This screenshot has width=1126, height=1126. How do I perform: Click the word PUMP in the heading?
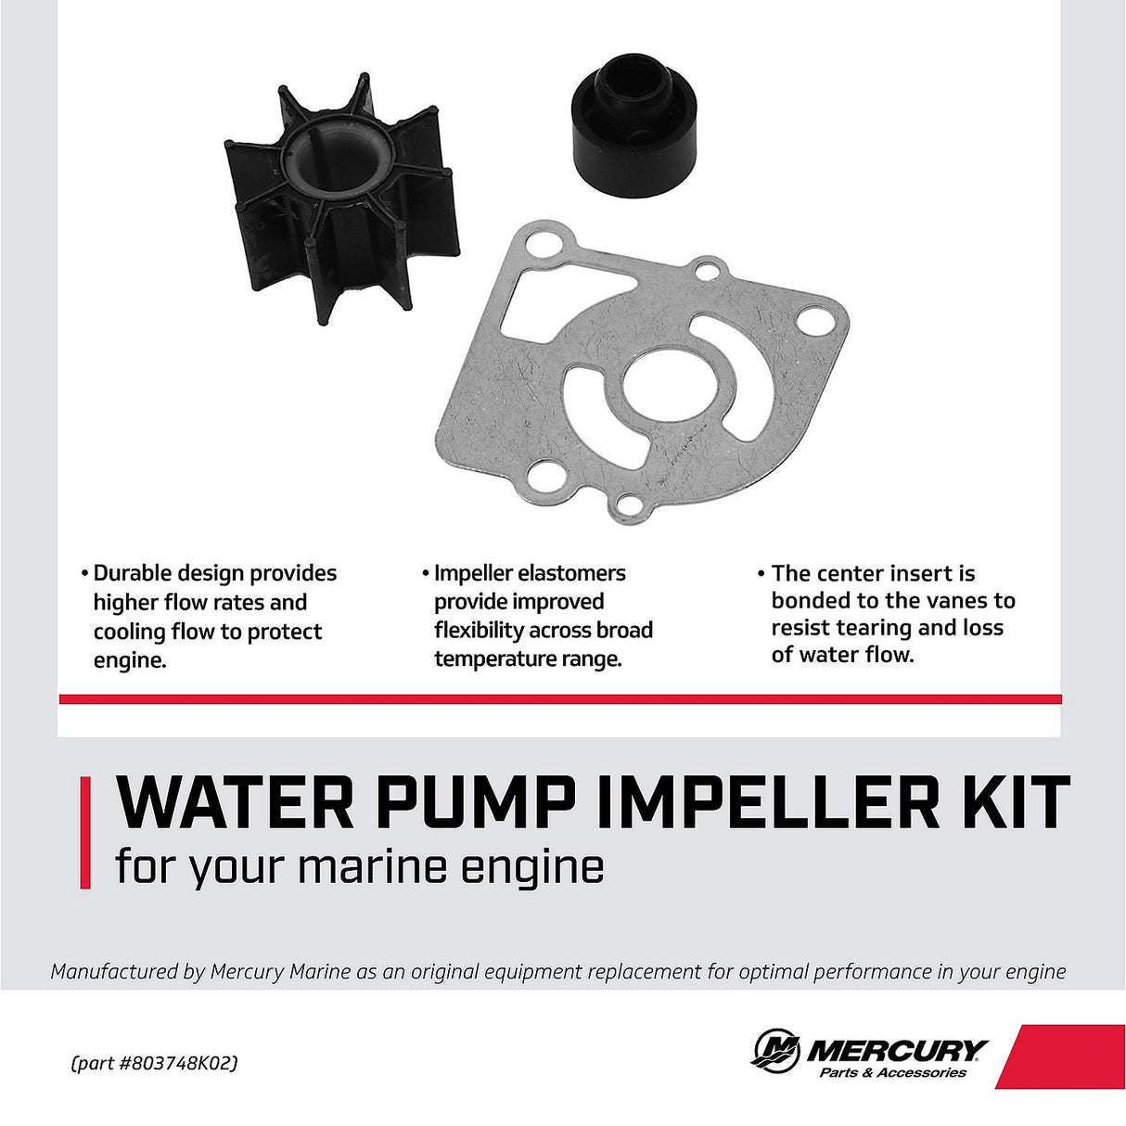pos(476,803)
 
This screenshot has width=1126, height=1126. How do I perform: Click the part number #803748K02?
pos(178,1063)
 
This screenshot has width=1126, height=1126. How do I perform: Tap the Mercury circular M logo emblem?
pos(775,1052)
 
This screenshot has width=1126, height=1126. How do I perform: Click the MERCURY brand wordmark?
pos(896,1050)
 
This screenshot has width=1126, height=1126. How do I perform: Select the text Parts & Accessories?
pos(892,1073)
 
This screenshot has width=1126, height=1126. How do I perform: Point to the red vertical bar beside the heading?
pos(85,833)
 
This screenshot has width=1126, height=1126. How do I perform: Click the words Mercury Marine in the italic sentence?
pos(280,972)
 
